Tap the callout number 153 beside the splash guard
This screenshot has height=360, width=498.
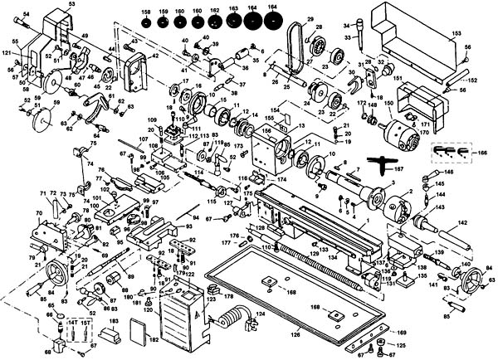[456, 32]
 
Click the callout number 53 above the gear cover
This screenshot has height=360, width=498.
[71, 5]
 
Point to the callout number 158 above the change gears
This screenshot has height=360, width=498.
[145, 11]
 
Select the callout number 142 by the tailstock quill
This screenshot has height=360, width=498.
[463, 222]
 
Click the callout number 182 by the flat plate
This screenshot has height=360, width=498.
[153, 341]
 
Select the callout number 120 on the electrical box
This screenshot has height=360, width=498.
[147, 309]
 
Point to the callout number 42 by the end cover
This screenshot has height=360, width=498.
[154, 56]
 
